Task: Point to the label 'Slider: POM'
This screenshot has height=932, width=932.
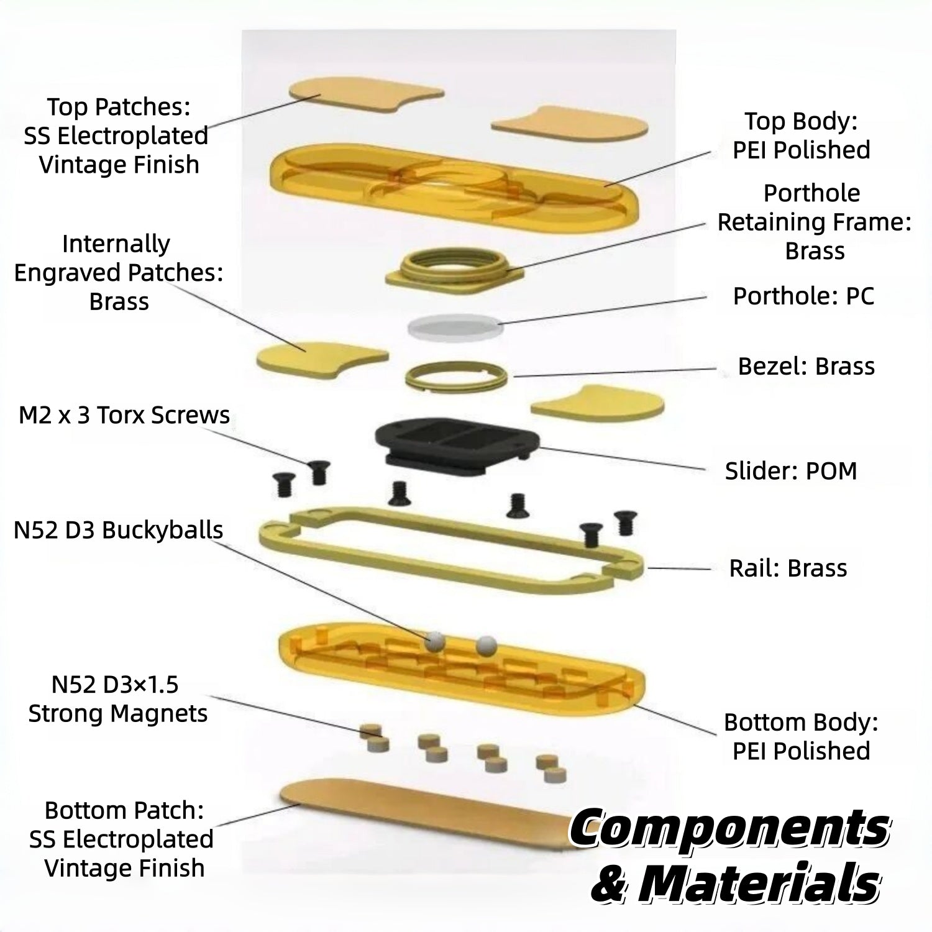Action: (x=791, y=471)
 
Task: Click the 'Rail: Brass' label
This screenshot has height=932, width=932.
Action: (x=788, y=568)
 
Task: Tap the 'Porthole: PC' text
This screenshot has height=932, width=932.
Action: (x=803, y=296)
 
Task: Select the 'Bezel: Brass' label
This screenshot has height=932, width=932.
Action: (x=806, y=366)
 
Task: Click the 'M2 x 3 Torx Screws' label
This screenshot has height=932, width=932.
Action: (x=124, y=415)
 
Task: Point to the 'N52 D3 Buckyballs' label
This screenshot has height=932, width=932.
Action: (x=118, y=530)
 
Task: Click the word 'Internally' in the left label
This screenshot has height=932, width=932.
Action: (x=116, y=244)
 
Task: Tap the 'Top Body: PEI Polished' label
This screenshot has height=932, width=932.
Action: (x=802, y=135)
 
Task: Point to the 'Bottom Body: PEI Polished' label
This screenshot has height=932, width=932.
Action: (x=802, y=736)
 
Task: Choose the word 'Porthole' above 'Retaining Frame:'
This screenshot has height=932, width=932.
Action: (x=811, y=193)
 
